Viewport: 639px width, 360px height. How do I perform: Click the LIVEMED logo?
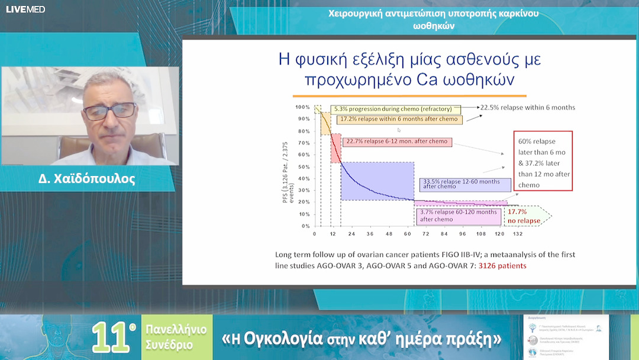point(25,9)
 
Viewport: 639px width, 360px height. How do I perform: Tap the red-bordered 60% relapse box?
point(543,160)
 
